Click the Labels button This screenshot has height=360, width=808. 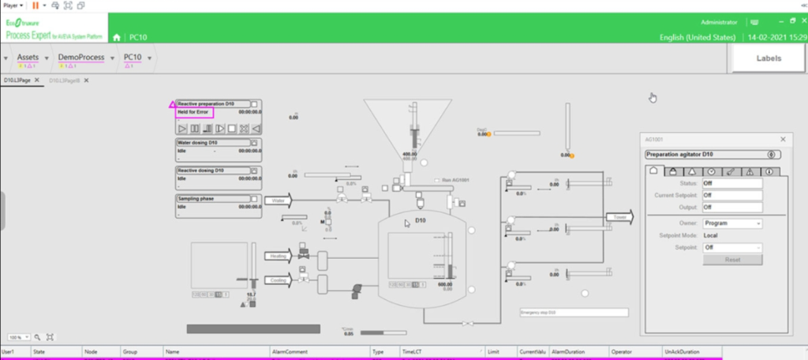(769, 58)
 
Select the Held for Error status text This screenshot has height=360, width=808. (194, 113)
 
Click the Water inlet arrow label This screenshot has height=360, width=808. (278, 201)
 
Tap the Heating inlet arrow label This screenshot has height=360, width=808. (278, 256)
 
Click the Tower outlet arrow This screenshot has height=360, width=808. (619, 216)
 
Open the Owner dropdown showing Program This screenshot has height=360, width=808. (733, 223)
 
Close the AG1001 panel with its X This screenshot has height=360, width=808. (783, 139)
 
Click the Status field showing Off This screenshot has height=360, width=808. (733, 183)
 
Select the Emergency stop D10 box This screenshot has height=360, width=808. (573, 313)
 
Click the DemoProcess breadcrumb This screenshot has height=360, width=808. (82, 58)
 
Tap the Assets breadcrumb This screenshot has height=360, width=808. (28, 58)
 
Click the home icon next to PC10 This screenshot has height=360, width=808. (117, 37)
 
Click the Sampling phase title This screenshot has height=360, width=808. (196, 198)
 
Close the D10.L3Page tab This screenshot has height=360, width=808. (37, 81)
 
